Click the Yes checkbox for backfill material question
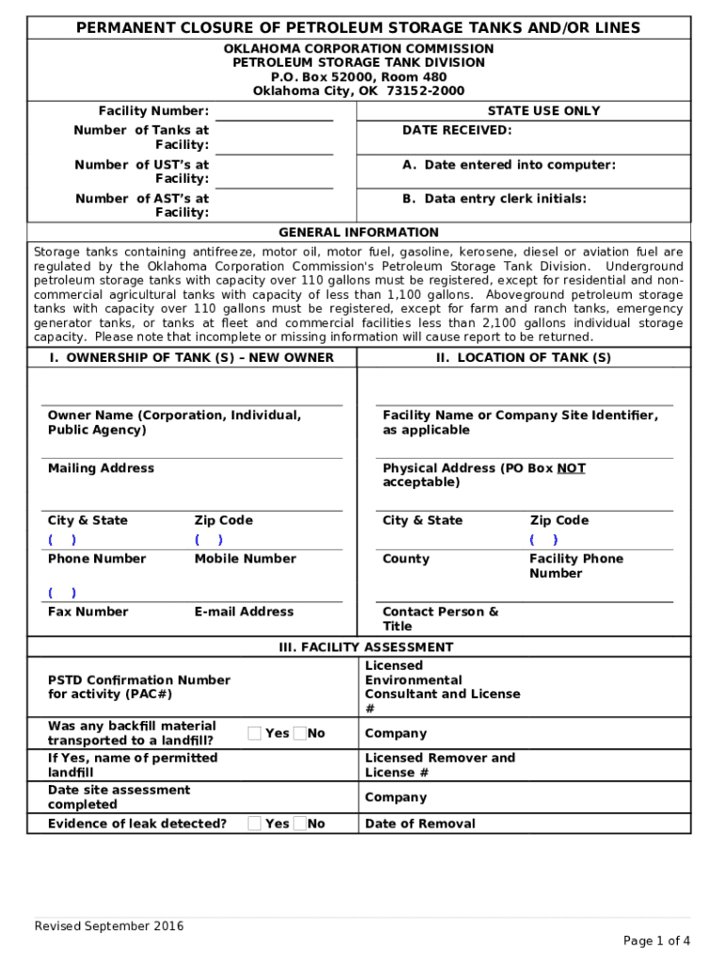[x=254, y=733]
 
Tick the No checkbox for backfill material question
[x=299, y=733]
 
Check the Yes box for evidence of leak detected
[x=254, y=824]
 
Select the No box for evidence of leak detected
[x=299, y=824]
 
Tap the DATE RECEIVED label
[x=457, y=130]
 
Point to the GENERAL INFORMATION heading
[x=358, y=233]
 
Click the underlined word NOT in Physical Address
[x=571, y=468]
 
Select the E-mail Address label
[x=244, y=612]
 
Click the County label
[x=406, y=559]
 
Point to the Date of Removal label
[x=420, y=824]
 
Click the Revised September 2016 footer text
[x=109, y=925]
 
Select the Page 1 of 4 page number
[x=656, y=940]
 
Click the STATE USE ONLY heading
[x=543, y=111]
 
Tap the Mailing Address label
[x=101, y=468]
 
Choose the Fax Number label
[x=88, y=612]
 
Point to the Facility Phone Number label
[x=575, y=565]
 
